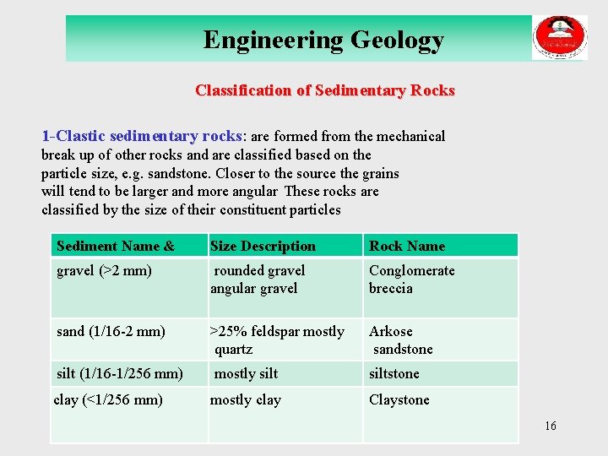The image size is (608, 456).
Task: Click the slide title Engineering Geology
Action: (x=323, y=40)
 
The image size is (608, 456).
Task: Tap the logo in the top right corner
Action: (x=559, y=38)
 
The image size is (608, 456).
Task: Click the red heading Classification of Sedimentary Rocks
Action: (x=324, y=90)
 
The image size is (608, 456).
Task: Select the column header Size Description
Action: (x=263, y=247)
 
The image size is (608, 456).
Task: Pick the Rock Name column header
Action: (x=407, y=247)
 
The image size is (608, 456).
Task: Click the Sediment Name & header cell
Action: (x=116, y=247)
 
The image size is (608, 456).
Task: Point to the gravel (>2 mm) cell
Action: (x=104, y=271)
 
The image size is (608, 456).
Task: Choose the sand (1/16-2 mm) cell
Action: (x=111, y=332)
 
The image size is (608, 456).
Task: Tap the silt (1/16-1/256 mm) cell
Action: (x=120, y=373)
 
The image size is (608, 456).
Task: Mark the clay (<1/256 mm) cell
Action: (x=108, y=399)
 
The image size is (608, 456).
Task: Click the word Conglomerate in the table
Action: (x=411, y=271)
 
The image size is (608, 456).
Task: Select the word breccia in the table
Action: (x=391, y=289)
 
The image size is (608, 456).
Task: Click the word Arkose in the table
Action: (x=391, y=332)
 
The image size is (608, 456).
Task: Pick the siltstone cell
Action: (x=394, y=373)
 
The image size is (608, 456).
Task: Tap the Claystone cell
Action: (x=399, y=399)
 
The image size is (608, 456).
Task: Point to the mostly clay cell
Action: (x=246, y=399)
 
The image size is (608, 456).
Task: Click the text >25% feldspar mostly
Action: (x=277, y=332)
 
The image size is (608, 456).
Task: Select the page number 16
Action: (x=551, y=426)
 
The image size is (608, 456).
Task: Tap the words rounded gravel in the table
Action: (x=259, y=271)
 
